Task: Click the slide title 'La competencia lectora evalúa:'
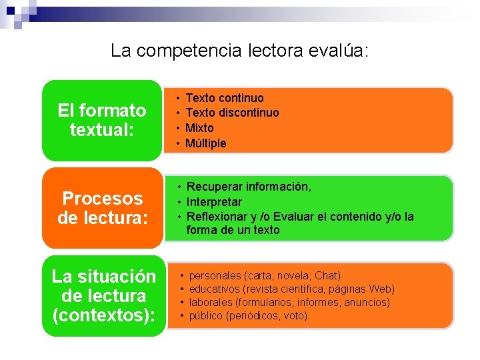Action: click(x=239, y=50)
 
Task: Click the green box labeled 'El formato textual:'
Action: click(x=102, y=120)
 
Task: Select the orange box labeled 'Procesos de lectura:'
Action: click(x=102, y=208)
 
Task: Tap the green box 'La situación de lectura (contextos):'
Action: click(x=103, y=295)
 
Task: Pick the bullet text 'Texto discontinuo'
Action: click(x=232, y=113)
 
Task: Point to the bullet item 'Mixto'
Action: click(x=199, y=127)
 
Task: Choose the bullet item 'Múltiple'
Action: click(x=205, y=143)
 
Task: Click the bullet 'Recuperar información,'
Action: click(x=249, y=187)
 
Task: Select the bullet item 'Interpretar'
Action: click(x=214, y=202)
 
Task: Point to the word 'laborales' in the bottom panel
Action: click(x=211, y=302)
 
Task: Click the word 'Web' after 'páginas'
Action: click(x=380, y=289)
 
